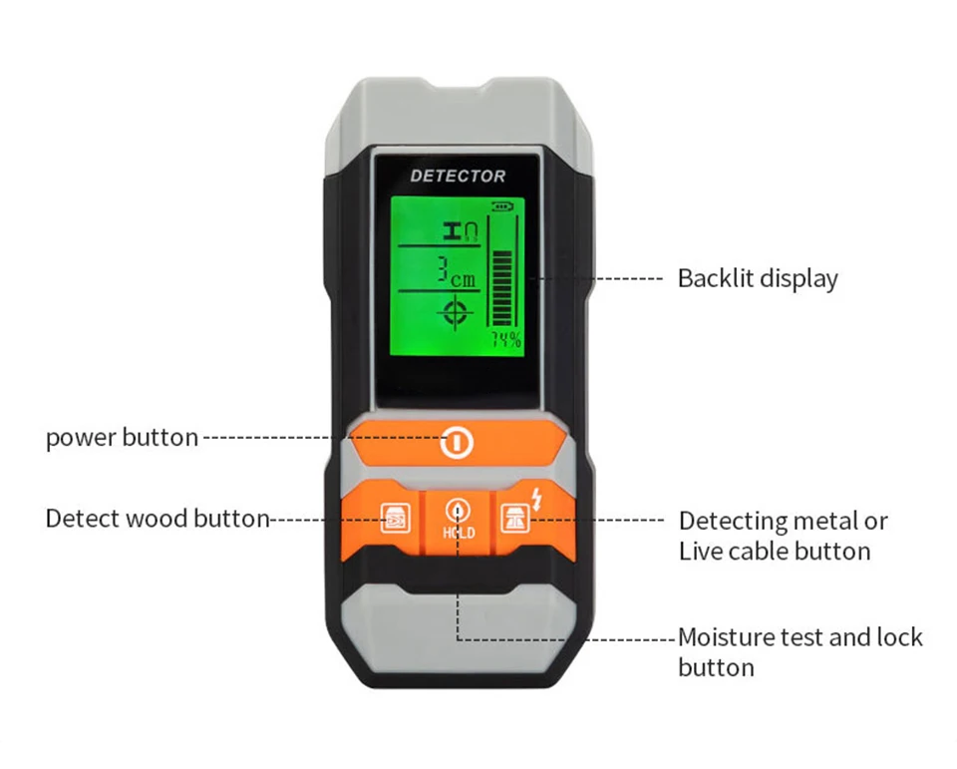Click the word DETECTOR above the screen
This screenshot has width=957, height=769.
(458, 177)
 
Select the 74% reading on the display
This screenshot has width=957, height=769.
(505, 341)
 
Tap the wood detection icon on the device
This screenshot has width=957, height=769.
(395, 521)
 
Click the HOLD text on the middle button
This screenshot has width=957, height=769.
(459, 533)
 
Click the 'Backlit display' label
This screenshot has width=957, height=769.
(758, 278)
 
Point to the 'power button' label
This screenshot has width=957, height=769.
(122, 438)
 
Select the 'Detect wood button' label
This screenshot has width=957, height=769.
(158, 519)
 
